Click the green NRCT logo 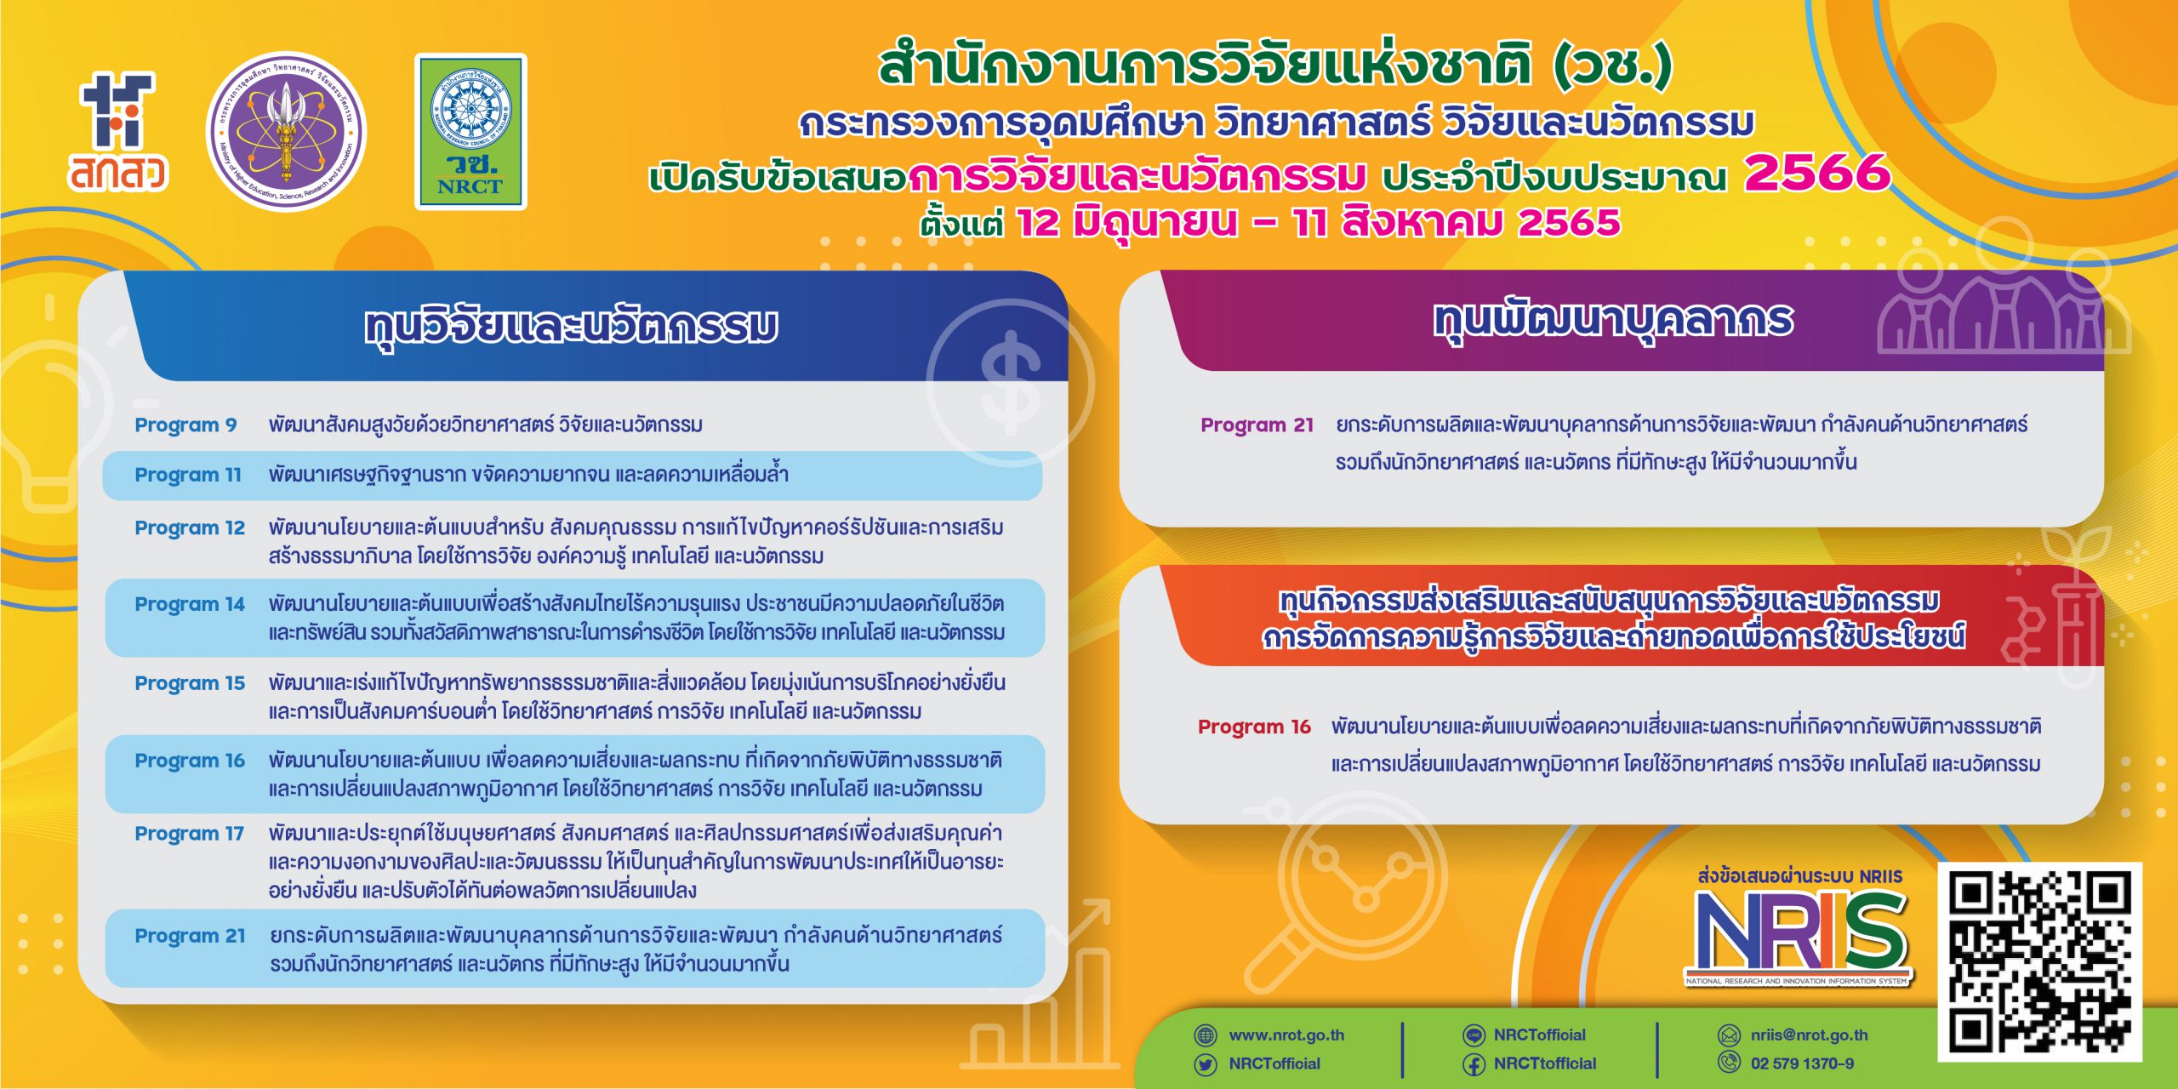(x=470, y=132)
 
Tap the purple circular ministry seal (x=287, y=132)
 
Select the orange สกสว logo (x=118, y=132)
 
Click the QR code (x=2039, y=962)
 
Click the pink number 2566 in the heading (x=1817, y=174)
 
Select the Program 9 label (x=185, y=425)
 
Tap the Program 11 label (x=188, y=475)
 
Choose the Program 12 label (x=190, y=527)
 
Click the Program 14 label (x=190, y=604)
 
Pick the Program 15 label (x=190, y=683)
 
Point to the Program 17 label (x=190, y=834)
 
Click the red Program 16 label (x=1254, y=727)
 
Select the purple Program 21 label (x=1257, y=425)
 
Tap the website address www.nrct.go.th (x=1286, y=1035)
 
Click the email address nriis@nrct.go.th (x=1810, y=1035)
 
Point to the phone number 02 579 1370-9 (x=1802, y=1063)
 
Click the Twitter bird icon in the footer (x=1206, y=1064)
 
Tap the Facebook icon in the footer (x=1474, y=1064)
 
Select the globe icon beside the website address (x=1206, y=1035)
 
